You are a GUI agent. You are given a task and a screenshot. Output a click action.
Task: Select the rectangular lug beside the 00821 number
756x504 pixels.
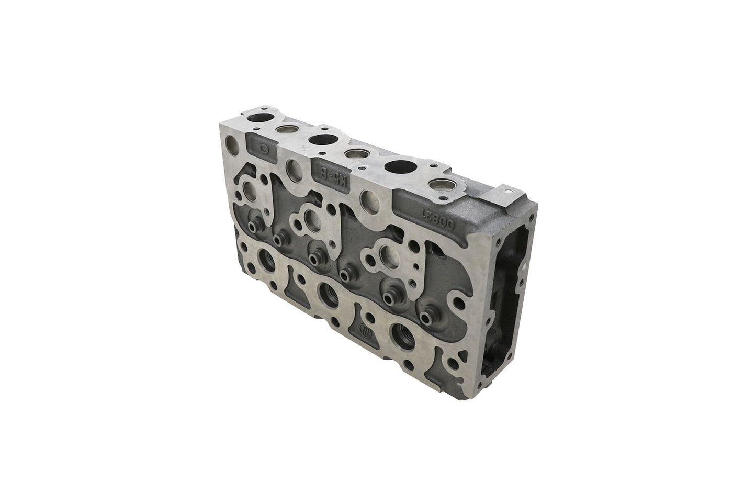click(x=506, y=195)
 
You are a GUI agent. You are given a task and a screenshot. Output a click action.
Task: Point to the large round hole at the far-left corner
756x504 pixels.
click(x=232, y=142)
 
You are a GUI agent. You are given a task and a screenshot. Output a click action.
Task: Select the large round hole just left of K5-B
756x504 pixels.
click(x=294, y=169)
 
